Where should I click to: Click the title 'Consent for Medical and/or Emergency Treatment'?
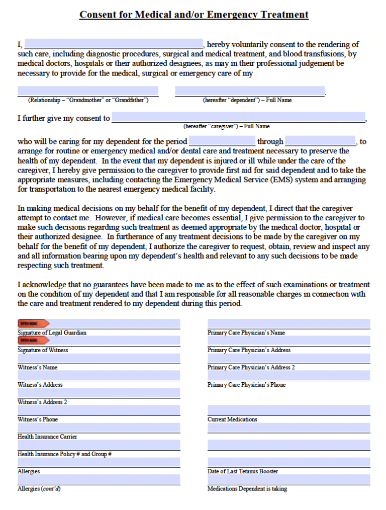point(194,15)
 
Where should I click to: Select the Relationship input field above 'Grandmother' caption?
point(88,91)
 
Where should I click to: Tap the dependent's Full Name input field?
point(249,91)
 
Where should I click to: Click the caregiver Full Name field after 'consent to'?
point(238,118)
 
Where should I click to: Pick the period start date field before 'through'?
point(222,141)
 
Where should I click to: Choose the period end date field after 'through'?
point(320,141)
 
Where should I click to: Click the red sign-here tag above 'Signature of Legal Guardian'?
point(34,323)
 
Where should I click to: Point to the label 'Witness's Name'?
point(38,367)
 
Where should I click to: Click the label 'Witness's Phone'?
point(38,419)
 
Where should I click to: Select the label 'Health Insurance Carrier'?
point(47,437)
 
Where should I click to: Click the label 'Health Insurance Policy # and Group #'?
point(64,454)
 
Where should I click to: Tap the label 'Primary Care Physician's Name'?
point(246,332)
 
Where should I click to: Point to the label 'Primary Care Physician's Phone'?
point(246,384)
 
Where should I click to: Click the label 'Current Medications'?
point(232,419)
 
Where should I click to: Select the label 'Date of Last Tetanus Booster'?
point(243,471)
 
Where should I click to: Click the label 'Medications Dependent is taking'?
point(247,488)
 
